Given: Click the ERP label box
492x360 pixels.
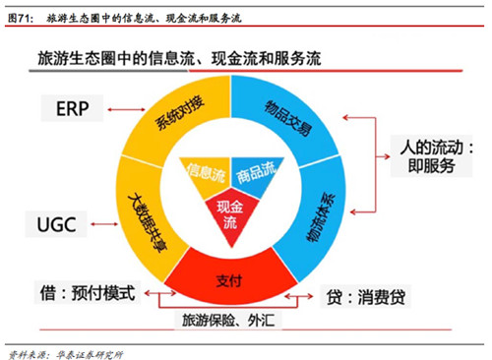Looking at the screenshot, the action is coord(72,108).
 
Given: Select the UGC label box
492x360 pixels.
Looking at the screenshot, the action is coord(56,224).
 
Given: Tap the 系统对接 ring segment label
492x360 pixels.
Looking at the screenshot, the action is coord(179,113).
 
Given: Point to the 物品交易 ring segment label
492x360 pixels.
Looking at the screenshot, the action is coord(288,118).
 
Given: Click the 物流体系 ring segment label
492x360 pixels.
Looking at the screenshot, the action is coord(321,217).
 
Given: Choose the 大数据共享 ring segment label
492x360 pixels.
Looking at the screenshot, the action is coord(147,222).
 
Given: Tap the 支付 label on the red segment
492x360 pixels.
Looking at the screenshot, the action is coord(229,281).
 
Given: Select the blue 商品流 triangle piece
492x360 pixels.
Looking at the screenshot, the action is coord(255,174).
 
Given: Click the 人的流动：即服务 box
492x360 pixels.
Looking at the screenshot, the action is coord(431,156).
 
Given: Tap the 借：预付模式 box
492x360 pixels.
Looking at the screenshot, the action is coord(88,292).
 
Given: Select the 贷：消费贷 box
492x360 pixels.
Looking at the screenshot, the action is coord(365,297).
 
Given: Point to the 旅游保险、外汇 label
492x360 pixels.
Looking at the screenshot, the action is coord(228,320).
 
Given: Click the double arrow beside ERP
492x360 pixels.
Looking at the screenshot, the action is coord(126,109).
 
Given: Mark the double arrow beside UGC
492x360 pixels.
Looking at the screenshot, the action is coord(104,224).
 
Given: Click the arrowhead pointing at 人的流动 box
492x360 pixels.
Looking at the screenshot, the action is coord(387,156).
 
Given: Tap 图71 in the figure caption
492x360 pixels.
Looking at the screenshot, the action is coord(21,18).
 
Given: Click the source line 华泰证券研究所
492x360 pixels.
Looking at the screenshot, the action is coord(90,355).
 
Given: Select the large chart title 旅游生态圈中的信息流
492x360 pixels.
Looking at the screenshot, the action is coord(179,59).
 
